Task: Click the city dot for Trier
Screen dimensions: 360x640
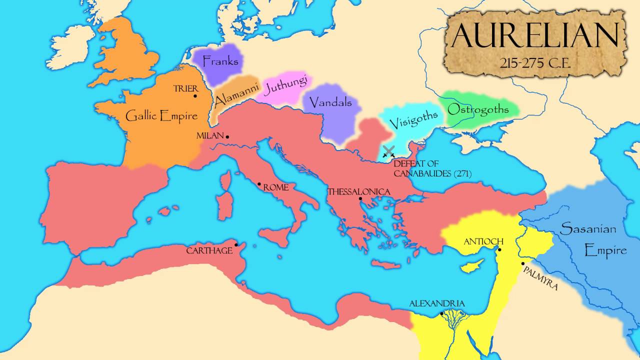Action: [x=195, y=96]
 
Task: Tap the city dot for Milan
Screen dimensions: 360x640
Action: [x=227, y=136]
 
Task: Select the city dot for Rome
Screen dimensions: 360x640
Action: [x=259, y=184]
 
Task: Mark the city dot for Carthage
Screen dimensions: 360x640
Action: [x=236, y=244]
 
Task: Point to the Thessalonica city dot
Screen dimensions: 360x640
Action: [x=360, y=198]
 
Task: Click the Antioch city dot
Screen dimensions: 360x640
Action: [x=499, y=249]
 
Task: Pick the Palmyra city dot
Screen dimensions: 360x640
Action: [x=523, y=263]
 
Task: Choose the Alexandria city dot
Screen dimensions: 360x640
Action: [x=441, y=313]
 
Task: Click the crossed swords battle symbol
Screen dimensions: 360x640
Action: [x=388, y=151]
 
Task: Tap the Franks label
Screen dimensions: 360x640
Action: [x=220, y=62]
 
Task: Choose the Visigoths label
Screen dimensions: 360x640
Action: [x=413, y=119]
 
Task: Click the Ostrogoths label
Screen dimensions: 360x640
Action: [x=478, y=109]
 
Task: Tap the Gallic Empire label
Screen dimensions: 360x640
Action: [x=161, y=116]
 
